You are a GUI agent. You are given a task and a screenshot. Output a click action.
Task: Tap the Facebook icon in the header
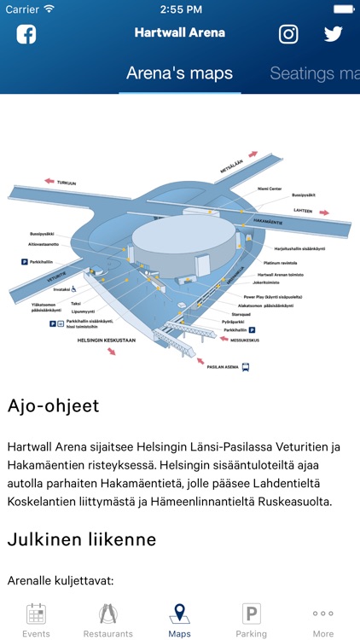pos(26,34)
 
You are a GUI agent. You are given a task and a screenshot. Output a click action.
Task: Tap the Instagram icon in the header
pos(289,34)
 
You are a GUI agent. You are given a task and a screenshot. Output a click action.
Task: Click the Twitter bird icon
pos(334,34)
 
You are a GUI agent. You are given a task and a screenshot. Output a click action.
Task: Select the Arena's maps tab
pos(179,73)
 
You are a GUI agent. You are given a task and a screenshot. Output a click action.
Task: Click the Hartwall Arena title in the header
pos(179,33)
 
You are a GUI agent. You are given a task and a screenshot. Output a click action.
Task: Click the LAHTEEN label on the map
pos(303,210)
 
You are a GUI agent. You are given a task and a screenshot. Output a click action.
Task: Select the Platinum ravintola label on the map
pos(282,263)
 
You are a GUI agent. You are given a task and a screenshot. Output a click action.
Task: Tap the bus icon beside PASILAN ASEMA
pos(247,368)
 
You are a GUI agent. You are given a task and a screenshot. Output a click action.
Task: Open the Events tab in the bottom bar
pos(36,620)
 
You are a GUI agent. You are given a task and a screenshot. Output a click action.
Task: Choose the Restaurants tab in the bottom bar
pos(107,620)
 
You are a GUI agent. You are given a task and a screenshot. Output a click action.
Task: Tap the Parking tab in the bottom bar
pos(252,620)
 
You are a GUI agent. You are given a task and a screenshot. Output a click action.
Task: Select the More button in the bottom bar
pos(323,620)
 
